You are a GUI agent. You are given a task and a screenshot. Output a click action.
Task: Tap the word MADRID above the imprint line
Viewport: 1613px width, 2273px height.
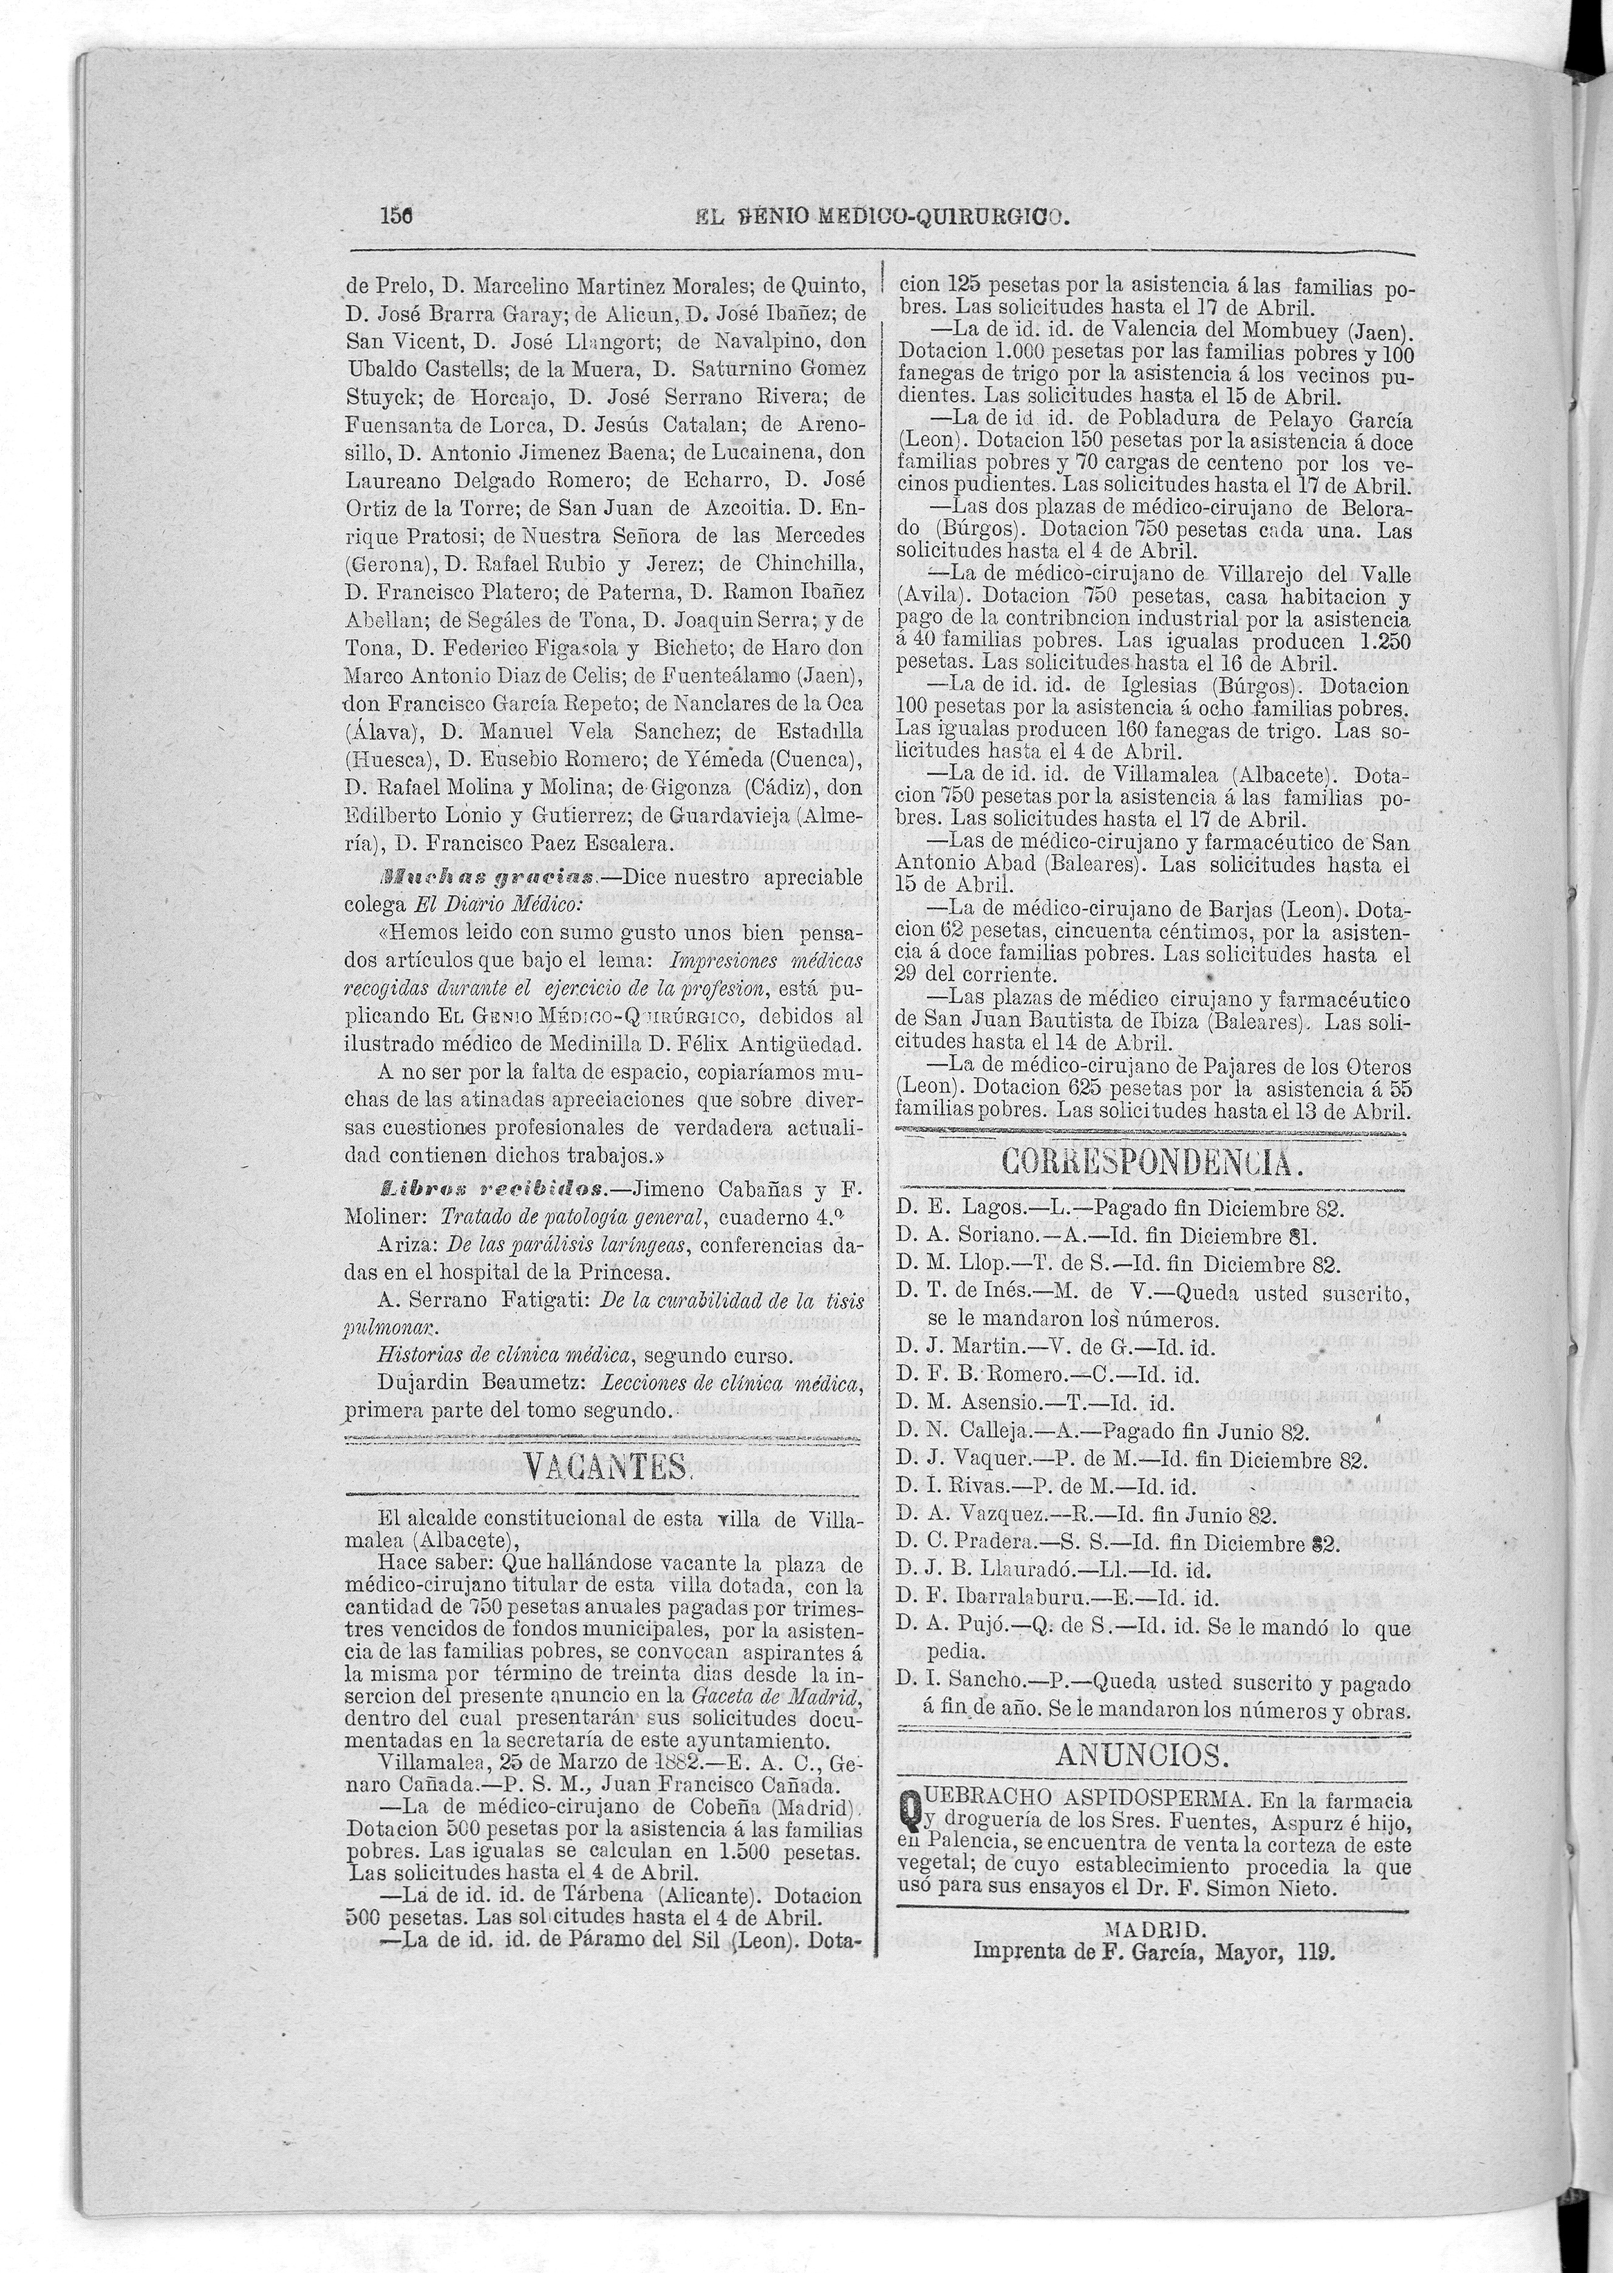point(1154,1928)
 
